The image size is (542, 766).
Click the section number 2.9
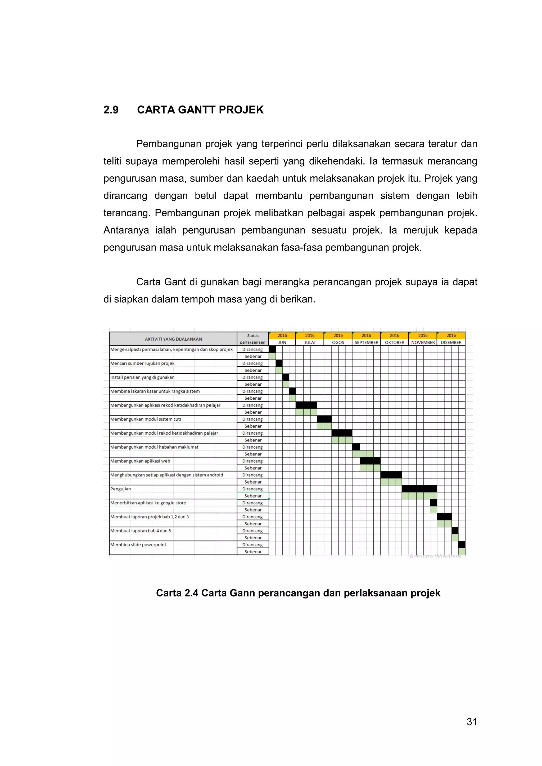[111, 110]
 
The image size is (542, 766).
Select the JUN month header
[282, 342]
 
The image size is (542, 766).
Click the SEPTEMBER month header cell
[366, 342]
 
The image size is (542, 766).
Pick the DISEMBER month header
[451, 342]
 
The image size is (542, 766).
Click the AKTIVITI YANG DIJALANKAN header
[173, 339]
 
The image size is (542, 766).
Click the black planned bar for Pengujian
[419, 489]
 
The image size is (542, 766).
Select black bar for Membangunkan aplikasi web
[370, 461]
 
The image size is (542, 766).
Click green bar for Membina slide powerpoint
[462, 551]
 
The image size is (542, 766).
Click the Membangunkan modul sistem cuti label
[146, 419]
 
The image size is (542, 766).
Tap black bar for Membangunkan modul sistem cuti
[324, 419]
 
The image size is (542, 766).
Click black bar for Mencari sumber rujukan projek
[279, 363]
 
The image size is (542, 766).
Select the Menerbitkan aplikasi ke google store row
[148, 503]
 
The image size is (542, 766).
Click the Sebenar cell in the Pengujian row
[253, 496]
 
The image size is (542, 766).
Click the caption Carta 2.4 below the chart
[298, 593]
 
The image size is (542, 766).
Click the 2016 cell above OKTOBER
[395, 335]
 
